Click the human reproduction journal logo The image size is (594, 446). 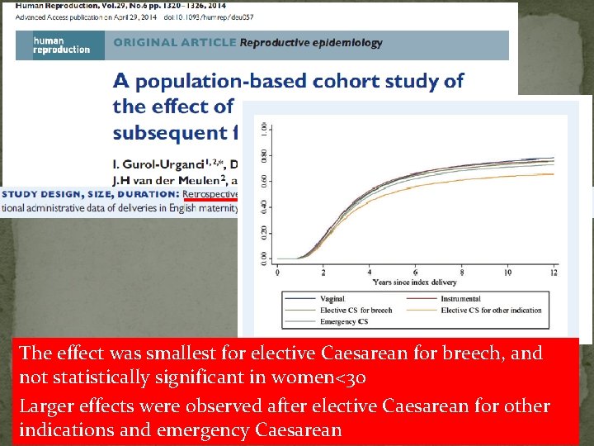point(61,44)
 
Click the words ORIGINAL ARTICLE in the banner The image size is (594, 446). point(174,43)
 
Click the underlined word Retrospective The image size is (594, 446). point(210,193)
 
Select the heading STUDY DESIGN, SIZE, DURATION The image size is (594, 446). point(90,194)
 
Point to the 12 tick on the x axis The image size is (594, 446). point(554,272)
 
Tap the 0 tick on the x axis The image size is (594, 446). point(277,272)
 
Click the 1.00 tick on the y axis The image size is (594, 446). point(263,130)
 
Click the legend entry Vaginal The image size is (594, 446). point(332,299)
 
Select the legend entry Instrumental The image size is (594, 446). point(460,299)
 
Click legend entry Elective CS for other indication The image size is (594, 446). point(491,311)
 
